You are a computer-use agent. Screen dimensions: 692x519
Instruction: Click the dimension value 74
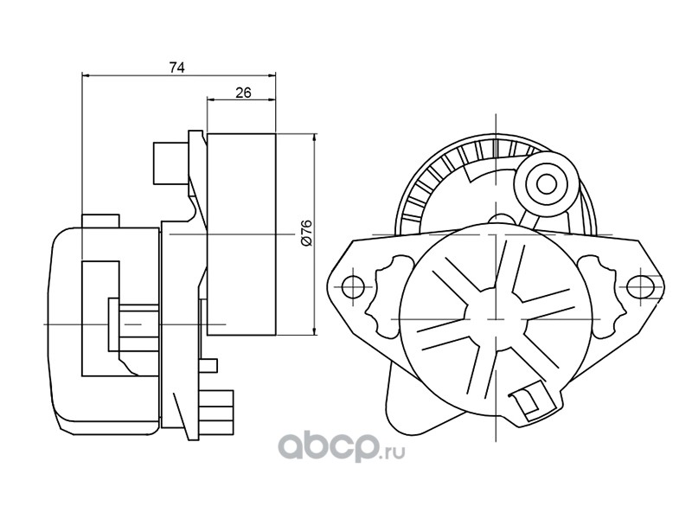[176, 67]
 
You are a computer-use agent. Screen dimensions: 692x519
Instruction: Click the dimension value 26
[243, 93]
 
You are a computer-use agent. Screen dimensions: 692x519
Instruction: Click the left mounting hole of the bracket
[353, 286]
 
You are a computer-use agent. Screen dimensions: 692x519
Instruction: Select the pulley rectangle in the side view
[241, 234]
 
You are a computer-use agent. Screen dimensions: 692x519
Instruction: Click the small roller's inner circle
[546, 182]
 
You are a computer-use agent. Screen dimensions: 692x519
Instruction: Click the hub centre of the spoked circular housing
[497, 318]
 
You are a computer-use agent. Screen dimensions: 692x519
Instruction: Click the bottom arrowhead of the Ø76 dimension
[314, 331]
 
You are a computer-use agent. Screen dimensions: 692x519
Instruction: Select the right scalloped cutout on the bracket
[602, 296]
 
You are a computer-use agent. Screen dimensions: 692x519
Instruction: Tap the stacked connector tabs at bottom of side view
[216, 413]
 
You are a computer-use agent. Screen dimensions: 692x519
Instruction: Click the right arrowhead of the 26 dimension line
[272, 99]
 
